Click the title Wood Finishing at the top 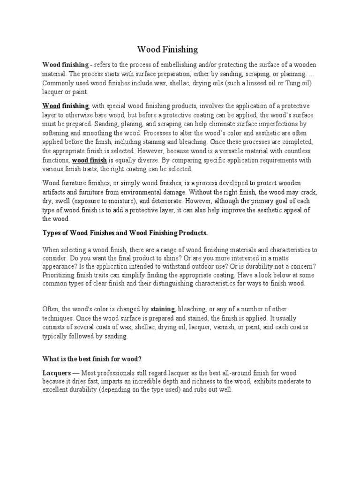tap(167, 49)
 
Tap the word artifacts tap(56, 192)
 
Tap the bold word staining tap(163, 309)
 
